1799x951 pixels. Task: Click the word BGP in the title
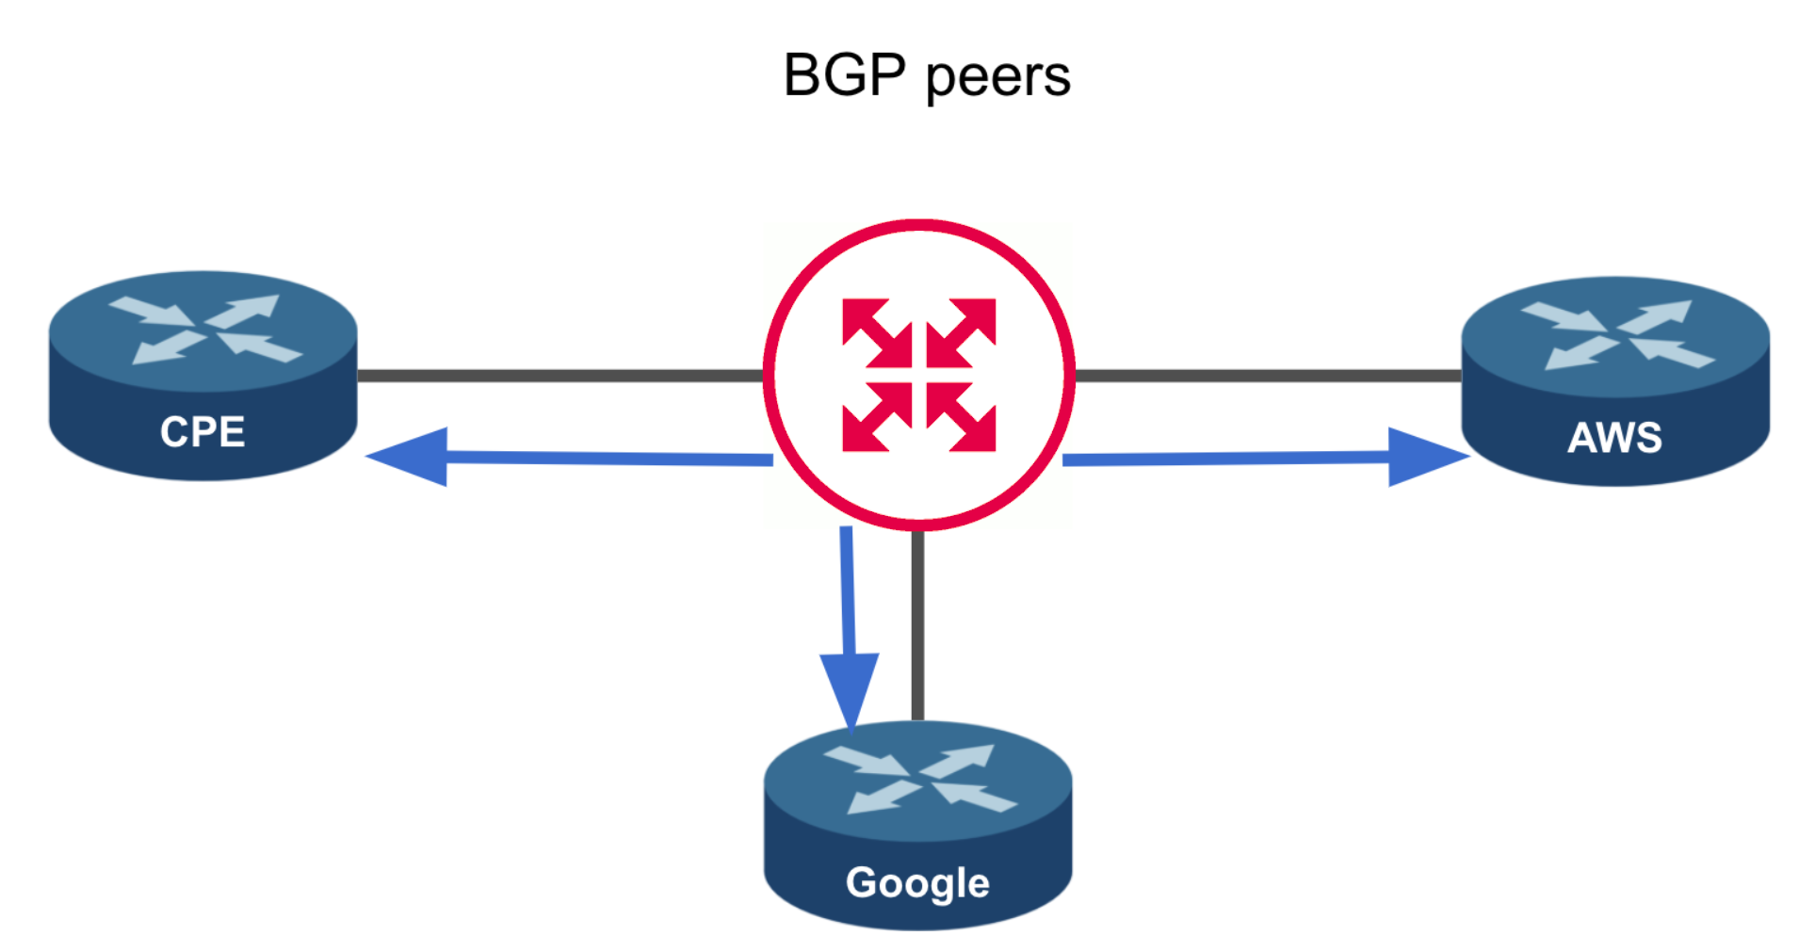[x=844, y=75]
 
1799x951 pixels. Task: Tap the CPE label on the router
[x=203, y=432]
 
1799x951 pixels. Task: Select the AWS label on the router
[x=1614, y=437]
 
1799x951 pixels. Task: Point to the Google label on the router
[x=917, y=883]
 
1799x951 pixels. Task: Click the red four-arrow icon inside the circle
[x=918, y=375]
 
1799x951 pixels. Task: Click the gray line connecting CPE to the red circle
[x=560, y=376]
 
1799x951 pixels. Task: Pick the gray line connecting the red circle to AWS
[x=1267, y=376]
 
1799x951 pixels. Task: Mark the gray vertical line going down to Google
[x=917, y=626]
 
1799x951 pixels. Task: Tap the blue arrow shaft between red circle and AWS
[x=1224, y=459]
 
